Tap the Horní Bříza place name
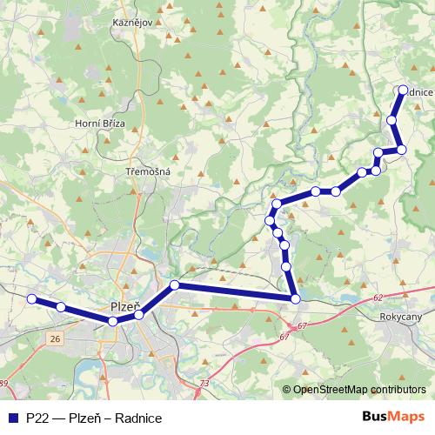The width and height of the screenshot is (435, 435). click(101, 124)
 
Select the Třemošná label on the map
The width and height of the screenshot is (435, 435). click(148, 171)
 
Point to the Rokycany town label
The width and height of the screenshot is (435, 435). click(402, 318)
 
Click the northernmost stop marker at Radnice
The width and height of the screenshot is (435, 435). click(403, 90)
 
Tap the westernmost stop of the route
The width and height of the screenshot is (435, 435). click(31, 299)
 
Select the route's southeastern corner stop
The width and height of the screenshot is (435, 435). click(296, 299)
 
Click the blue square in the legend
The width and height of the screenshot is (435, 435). click(11, 418)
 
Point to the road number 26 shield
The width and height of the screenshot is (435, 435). click(56, 338)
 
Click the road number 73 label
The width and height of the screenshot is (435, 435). click(204, 383)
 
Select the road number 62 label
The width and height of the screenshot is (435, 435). click(377, 298)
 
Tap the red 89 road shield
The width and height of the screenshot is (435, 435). click(3, 383)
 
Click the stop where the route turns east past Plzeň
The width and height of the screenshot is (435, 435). click(175, 285)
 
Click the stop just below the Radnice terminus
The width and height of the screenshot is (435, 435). click(392, 120)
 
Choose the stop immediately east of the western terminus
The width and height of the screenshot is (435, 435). click(61, 307)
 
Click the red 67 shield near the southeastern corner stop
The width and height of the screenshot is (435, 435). click(303, 325)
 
